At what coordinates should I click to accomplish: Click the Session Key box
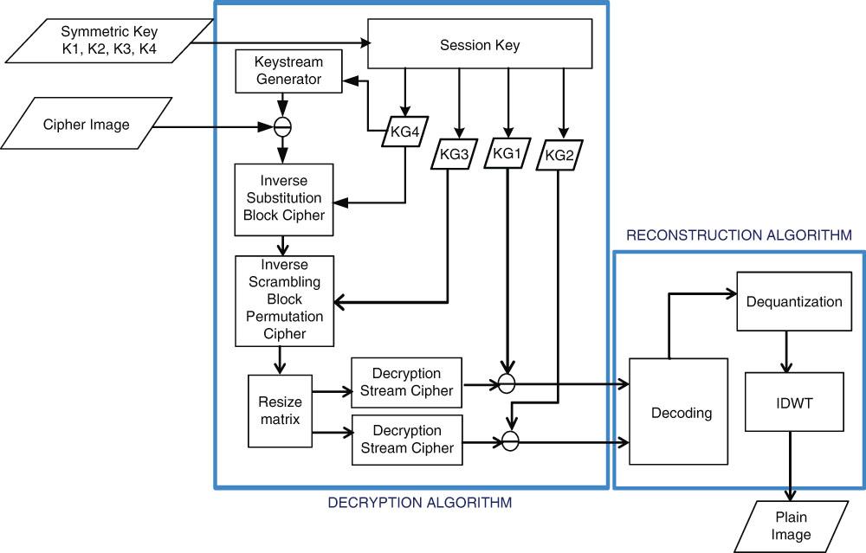click(x=478, y=45)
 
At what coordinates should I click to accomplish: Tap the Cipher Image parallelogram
click(x=87, y=125)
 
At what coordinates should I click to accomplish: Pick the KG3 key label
click(x=452, y=155)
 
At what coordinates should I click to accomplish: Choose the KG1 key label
click(x=507, y=151)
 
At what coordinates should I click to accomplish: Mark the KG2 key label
click(x=559, y=155)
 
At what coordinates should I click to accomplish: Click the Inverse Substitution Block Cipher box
click(x=283, y=198)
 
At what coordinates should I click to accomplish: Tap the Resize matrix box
click(x=280, y=410)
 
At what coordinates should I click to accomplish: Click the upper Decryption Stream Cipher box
click(x=406, y=383)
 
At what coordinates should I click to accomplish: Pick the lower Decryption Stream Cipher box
click(x=406, y=440)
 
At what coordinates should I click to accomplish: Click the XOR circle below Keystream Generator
click(x=282, y=125)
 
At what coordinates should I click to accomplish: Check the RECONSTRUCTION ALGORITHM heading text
click(x=739, y=235)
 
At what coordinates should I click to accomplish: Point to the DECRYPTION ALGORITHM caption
click(x=420, y=502)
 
